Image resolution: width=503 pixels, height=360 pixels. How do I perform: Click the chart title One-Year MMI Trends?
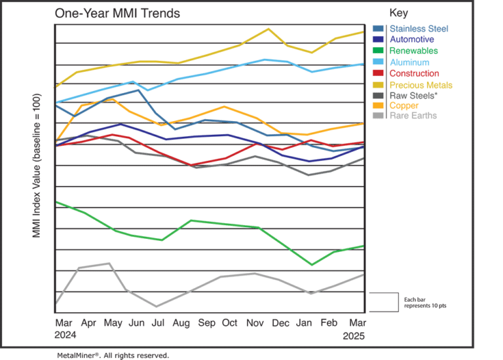118,13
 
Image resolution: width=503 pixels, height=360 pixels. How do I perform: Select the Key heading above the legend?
398,12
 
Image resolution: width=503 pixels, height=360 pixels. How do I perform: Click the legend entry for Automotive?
411,39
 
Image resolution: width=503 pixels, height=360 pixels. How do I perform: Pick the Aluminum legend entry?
409,62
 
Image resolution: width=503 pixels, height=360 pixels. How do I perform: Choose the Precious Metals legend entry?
420,85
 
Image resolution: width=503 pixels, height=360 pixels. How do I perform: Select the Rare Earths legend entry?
413,116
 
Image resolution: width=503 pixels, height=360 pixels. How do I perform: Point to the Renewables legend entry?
413,50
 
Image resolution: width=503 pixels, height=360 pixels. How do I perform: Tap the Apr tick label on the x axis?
87,323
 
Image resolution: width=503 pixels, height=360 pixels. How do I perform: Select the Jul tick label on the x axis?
157,323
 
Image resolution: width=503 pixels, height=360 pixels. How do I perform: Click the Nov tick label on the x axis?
253,323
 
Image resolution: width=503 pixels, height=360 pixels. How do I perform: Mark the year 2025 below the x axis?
354,334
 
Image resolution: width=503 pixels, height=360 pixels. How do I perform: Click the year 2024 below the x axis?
65,334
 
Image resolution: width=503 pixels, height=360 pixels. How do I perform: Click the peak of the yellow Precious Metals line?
267,29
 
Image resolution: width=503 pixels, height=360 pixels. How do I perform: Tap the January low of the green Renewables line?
312,264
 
